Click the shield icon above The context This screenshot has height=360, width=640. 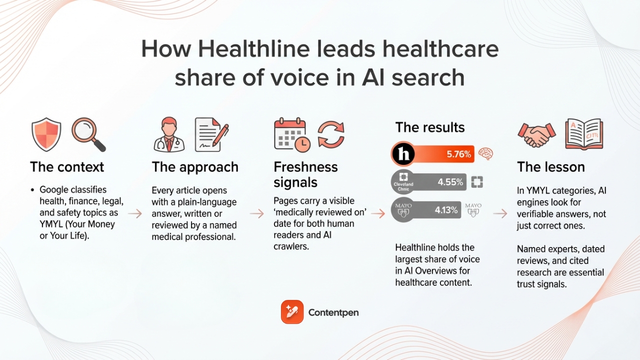46,134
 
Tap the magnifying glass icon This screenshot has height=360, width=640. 88,134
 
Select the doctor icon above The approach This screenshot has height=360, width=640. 169,135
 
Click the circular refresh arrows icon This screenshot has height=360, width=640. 331,134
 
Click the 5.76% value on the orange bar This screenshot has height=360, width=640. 458,154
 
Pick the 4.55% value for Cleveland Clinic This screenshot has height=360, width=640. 450,182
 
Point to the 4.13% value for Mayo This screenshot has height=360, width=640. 446,210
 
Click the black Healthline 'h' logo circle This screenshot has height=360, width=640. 403,154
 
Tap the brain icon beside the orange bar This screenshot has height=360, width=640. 485,153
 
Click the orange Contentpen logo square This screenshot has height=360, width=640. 292,312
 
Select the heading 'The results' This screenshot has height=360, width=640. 430,127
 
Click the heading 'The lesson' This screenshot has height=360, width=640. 550,167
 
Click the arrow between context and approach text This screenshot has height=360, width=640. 135,213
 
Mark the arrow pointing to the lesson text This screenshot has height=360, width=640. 500,213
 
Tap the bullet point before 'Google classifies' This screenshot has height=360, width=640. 32,190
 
